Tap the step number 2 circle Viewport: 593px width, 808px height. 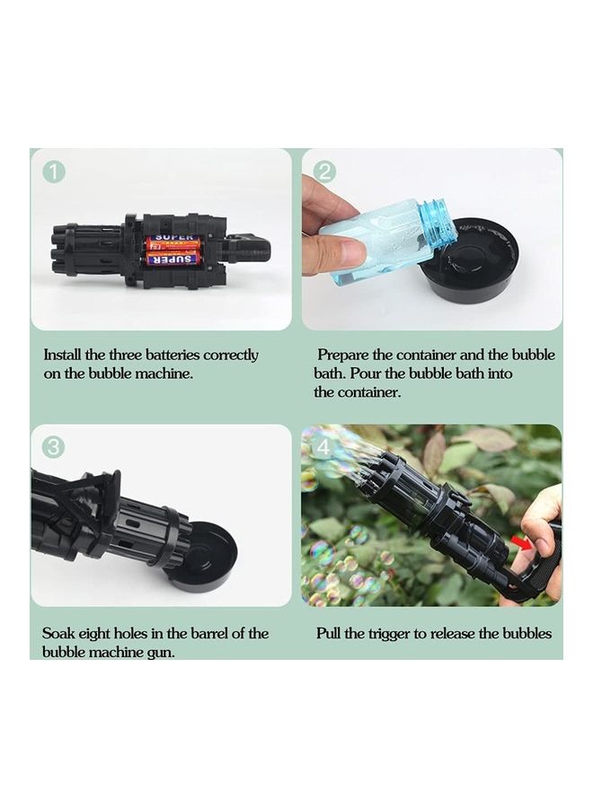(324, 171)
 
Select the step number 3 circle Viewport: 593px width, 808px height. (54, 447)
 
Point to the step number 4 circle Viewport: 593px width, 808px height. (323, 447)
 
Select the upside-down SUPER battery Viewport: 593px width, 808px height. (171, 259)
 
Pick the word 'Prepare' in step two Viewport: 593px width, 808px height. (342, 356)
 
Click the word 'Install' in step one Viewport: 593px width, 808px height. (62, 355)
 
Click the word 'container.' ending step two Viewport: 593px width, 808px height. (369, 392)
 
